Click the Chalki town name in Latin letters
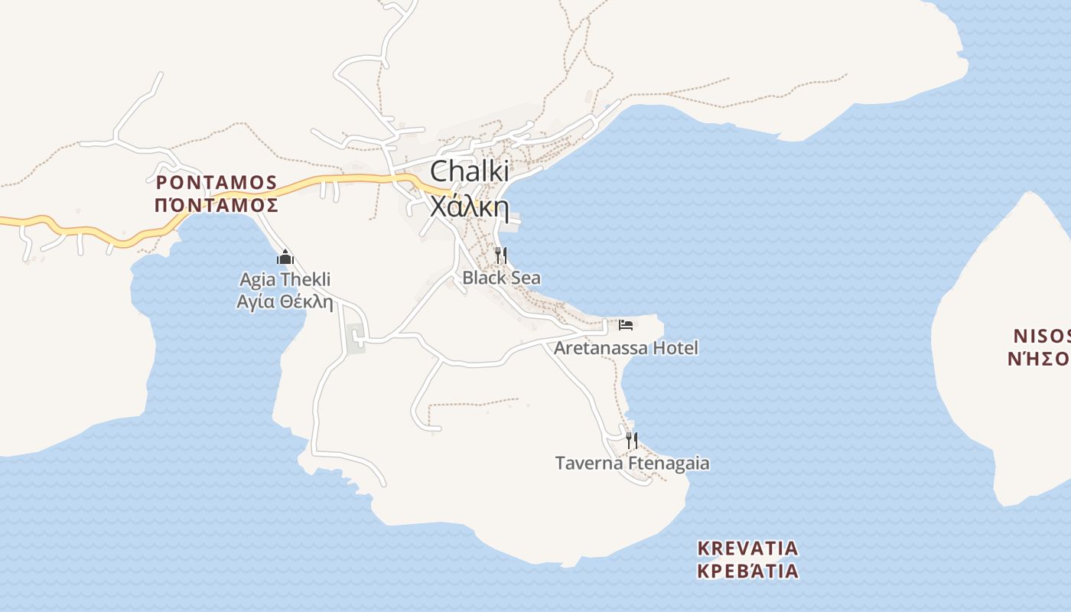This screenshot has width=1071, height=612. coord(469,171)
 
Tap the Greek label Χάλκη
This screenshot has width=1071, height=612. coord(469,206)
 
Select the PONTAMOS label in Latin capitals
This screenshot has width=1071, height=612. coord(216,182)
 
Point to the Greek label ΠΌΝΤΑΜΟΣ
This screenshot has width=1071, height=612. coord(216,205)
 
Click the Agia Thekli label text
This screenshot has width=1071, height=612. coord(285,279)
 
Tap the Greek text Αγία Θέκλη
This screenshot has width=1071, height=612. coord(285,301)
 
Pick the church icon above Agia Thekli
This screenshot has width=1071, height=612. coord(285,257)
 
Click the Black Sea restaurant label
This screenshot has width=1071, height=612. coord(501,278)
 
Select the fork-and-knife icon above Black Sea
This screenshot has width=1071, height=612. coord(501,255)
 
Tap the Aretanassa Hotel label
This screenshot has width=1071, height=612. coord(626,348)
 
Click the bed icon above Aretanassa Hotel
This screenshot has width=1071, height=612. coord(626,324)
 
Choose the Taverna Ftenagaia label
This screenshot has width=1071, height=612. coord(632,463)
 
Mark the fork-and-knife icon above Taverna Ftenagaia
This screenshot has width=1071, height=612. coord(632,440)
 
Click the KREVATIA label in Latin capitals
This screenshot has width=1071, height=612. coord(748,549)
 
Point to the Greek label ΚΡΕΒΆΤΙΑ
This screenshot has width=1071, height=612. coord(748,571)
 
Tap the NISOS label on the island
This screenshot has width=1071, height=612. coord(1041,336)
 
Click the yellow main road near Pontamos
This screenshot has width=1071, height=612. coord(92,232)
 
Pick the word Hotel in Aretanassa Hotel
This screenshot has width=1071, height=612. coord(673,348)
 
